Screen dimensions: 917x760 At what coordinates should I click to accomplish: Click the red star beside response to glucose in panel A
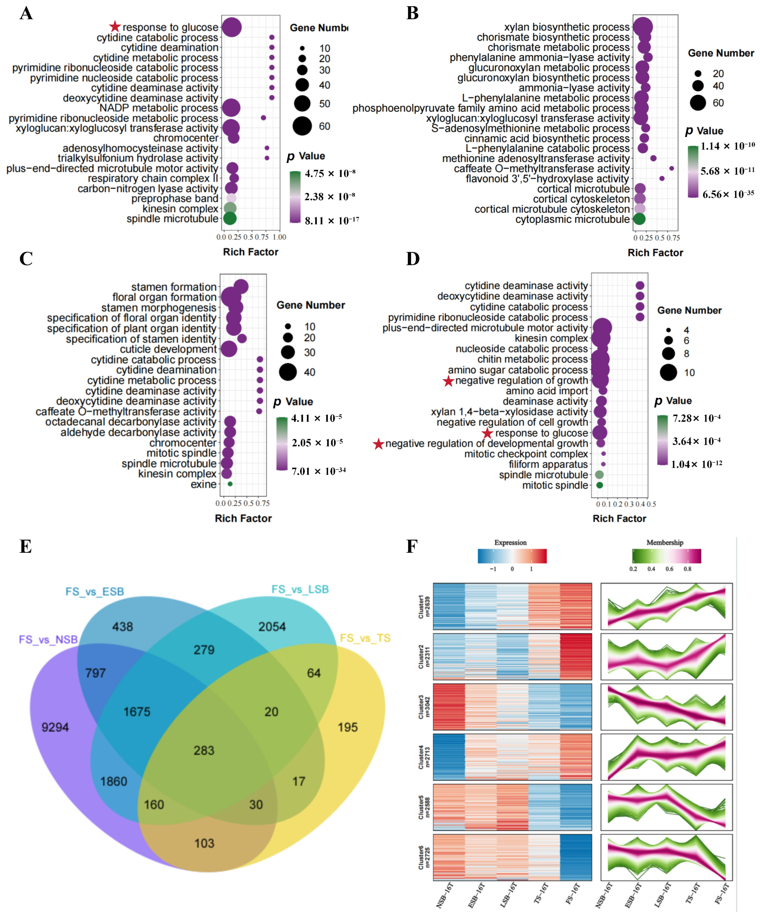(115, 27)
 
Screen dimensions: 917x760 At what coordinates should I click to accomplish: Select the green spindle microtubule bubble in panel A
(230, 218)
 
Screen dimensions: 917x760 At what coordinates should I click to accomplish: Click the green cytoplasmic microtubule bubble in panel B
(639, 219)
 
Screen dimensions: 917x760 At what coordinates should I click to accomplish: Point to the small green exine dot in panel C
(230, 484)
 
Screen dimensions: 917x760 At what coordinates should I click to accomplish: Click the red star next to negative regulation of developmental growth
(378, 444)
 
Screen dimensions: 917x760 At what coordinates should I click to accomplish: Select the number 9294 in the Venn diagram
(55, 727)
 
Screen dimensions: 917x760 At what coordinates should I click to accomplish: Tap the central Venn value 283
(204, 750)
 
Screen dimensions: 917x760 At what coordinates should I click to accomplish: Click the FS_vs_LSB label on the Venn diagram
(300, 589)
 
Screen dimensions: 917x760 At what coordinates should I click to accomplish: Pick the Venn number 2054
(272, 627)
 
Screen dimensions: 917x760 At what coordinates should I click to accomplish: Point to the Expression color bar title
(510, 542)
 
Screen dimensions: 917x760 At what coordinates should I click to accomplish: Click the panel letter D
(413, 259)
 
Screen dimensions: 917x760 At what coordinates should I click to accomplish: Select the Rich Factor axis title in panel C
(243, 518)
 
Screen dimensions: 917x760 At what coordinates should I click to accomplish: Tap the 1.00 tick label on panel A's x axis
(279, 237)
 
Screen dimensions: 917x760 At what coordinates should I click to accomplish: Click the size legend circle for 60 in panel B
(698, 103)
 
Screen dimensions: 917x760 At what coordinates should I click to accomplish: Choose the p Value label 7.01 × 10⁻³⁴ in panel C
(318, 471)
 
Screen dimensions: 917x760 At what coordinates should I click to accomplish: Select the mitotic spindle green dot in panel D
(600, 485)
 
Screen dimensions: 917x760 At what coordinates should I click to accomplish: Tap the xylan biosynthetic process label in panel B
(567, 27)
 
